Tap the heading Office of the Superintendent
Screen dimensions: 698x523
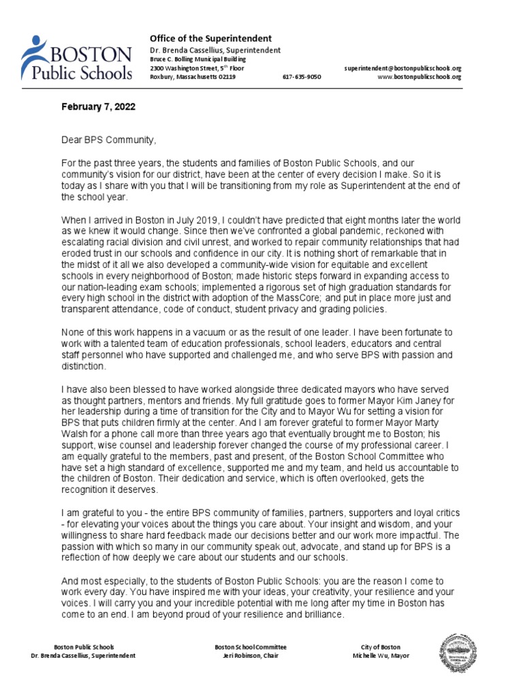coord(210,38)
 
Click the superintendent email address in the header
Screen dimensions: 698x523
coord(403,68)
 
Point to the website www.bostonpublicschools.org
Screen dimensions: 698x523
coord(419,77)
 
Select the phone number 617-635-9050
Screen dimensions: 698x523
coord(302,77)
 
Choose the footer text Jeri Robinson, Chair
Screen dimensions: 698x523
coord(251,656)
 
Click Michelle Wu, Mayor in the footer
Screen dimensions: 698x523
coord(381,656)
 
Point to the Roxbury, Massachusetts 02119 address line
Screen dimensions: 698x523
coord(193,77)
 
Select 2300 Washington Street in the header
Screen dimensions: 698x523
coord(181,68)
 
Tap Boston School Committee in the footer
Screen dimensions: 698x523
coord(251,647)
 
